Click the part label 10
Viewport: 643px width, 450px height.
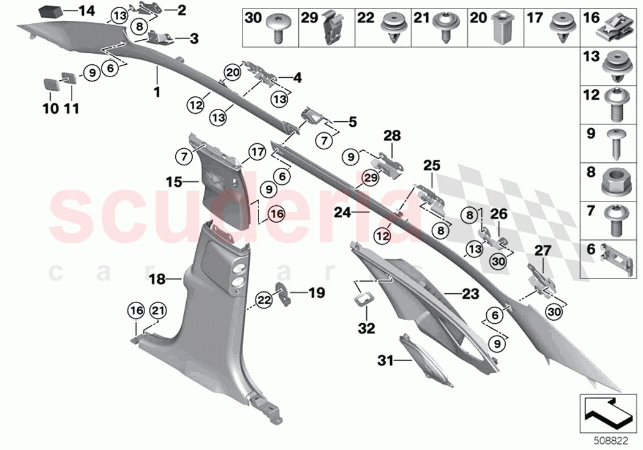point(50,109)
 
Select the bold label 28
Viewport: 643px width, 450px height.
point(391,134)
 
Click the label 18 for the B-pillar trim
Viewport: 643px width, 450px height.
point(158,279)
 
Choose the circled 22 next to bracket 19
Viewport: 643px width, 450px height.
point(264,299)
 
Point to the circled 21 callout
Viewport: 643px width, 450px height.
point(157,310)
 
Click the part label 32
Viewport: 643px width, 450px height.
point(366,329)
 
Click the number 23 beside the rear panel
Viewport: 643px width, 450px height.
point(470,294)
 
